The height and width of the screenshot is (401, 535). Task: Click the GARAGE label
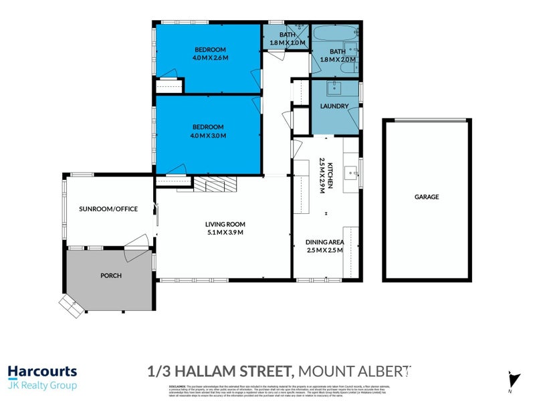click(427, 197)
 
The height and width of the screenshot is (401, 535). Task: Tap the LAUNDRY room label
click(334, 106)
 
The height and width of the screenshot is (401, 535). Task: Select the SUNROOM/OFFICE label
click(108, 209)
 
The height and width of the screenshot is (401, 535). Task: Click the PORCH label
click(110, 275)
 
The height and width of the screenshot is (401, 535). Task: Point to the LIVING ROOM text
click(225, 224)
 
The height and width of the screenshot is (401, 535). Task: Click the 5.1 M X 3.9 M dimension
click(225, 233)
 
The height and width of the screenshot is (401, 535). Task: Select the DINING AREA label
click(324, 242)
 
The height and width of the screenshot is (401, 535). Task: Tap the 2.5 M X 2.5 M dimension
click(324, 251)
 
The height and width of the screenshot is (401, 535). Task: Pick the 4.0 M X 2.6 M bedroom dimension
click(211, 58)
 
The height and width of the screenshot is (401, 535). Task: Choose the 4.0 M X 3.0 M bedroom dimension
click(208, 135)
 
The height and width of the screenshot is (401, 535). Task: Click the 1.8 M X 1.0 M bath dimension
click(287, 43)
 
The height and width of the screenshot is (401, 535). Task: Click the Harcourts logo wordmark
click(42, 372)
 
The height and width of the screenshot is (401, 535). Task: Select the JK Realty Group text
click(42, 386)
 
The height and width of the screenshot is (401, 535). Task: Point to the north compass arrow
click(512, 378)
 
